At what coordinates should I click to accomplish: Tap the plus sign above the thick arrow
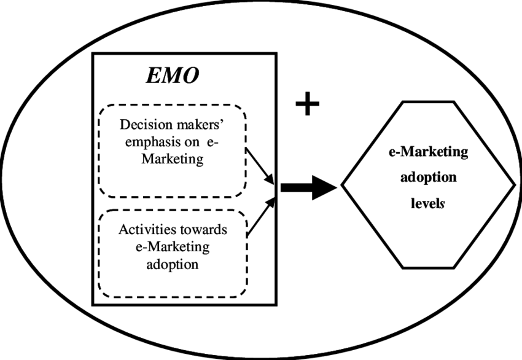pos(308,105)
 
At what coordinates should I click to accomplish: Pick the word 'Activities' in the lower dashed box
pos(145,231)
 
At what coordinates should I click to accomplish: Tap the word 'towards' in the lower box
pos(201,231)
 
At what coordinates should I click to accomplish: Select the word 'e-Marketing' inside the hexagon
pos(428,152)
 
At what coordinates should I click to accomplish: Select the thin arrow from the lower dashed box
pos(260,219)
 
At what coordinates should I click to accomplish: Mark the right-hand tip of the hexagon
pos(514,184)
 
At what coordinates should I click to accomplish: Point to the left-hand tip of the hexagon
pos(342,184)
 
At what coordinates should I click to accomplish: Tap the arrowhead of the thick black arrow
pos(326,189)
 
